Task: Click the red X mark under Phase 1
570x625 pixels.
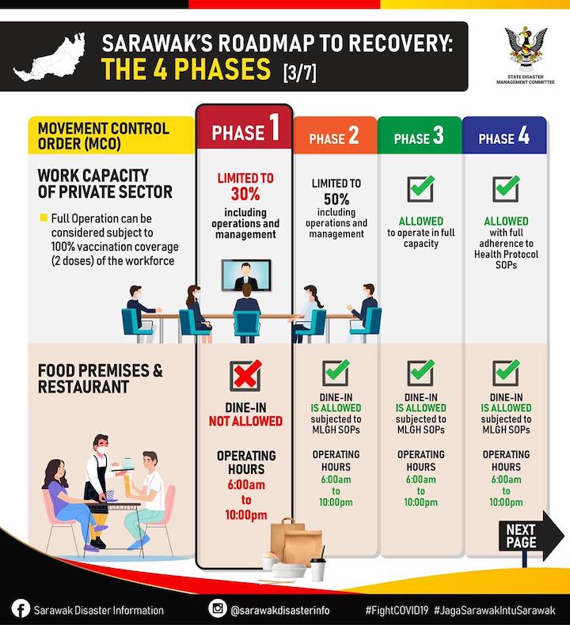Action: click(245, 374)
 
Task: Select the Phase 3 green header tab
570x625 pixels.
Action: click(419, 138)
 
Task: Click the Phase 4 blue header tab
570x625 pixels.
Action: click(503, 138)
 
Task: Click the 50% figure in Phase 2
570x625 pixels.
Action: click(335, 199)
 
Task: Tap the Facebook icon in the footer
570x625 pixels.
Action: click(21, 609)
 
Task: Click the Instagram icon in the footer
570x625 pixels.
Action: click(218, 609)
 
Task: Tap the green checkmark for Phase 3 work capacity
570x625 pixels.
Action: click(420, 188)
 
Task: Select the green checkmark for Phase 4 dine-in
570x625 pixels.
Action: click(505, 372)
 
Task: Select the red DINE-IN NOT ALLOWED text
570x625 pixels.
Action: click(245, 414)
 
